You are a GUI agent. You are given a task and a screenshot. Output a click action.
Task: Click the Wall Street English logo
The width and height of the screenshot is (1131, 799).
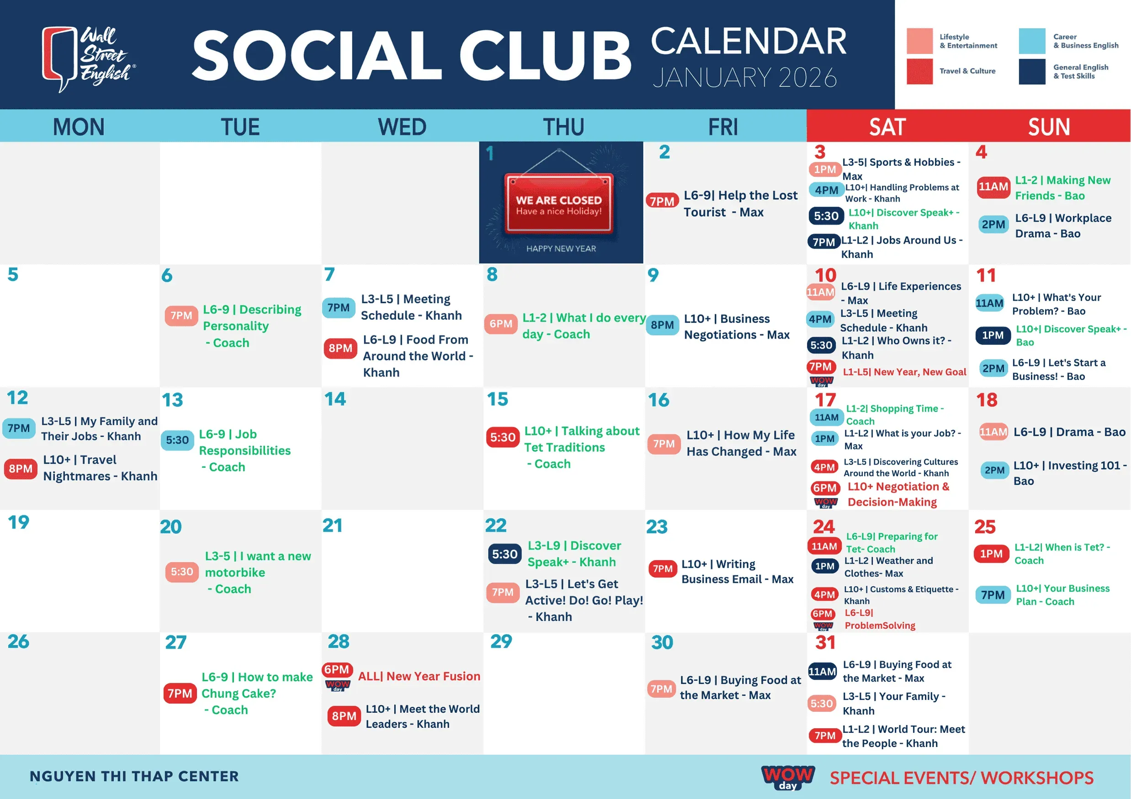pos(89,58)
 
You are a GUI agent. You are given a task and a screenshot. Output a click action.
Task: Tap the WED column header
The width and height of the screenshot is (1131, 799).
pos(402,127)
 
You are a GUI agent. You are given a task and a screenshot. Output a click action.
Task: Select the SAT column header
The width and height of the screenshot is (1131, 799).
pos(887,127)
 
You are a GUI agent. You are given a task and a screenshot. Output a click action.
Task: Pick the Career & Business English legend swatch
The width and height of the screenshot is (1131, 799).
pos(1032,41)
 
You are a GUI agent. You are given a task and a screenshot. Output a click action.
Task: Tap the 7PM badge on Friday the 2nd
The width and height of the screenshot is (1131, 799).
pos(662,201)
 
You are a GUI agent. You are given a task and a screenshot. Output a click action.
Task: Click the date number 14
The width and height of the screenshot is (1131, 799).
pos(335,399)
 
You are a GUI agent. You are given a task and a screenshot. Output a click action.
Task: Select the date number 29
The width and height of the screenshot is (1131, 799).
pos(501,641)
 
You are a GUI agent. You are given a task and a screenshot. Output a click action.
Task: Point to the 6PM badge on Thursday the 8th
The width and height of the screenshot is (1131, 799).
pos(501,323)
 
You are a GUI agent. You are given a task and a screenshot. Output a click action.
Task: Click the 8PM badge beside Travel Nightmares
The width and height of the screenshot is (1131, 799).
pos(21,469)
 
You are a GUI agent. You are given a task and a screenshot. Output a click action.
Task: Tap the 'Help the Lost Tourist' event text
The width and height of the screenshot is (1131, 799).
pos(740,203)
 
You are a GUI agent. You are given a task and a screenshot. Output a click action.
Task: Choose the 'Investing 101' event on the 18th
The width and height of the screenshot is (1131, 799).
pos(1069,473)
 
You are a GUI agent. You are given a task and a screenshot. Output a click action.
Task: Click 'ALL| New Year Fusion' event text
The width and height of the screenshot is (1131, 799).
pos(419,676)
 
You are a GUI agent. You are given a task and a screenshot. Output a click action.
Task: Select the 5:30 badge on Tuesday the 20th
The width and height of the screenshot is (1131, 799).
pos(182,571)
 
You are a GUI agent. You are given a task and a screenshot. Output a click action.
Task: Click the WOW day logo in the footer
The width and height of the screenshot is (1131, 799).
pos(788,778)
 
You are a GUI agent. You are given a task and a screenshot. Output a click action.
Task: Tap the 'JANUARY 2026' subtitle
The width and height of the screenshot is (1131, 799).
pos(745,77)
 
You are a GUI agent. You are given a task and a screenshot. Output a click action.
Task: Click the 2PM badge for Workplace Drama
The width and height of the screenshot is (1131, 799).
pos(993,224)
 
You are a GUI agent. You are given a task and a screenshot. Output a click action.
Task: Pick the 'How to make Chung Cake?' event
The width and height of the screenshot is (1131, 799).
pos(257,693)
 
